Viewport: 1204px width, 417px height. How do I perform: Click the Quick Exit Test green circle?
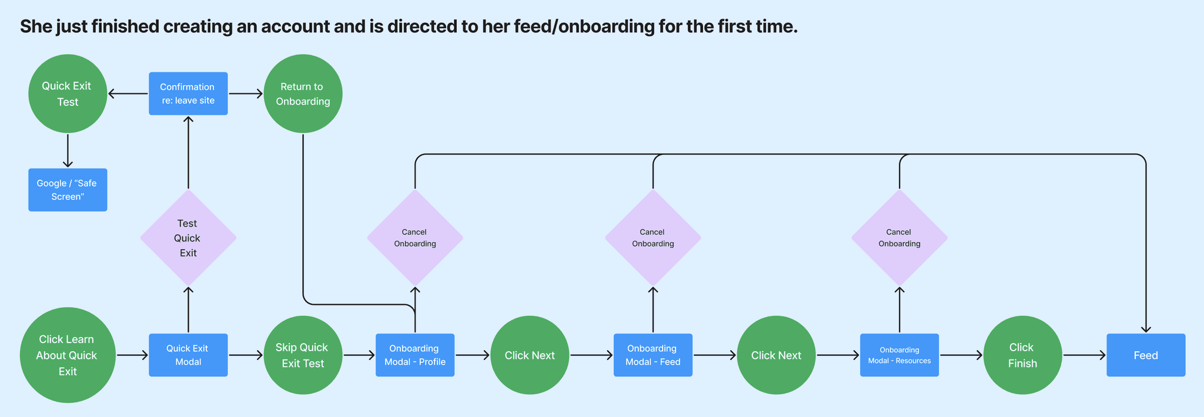[68, 94]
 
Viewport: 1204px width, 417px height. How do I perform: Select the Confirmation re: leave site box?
[188, 94]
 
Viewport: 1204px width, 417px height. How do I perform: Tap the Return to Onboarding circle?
[303, 94]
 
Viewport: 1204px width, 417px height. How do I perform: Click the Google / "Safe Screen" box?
[68, 190]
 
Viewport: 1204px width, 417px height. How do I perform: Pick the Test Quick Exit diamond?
[188, 238]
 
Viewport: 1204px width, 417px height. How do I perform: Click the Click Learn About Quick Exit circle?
[68, 355]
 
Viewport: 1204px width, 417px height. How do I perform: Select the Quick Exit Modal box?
[188, 355]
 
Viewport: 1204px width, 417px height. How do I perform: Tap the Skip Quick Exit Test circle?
[303, 355]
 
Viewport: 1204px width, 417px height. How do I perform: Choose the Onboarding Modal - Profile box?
[415, 355]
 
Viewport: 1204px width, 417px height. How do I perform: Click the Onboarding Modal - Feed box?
[653, 355]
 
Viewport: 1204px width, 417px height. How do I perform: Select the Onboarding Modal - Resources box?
[899, 355]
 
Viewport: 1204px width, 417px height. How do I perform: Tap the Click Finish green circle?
[1022, 355]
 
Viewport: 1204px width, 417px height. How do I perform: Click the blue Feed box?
[1145, 355]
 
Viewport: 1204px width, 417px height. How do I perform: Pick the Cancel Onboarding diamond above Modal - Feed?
[653, 238]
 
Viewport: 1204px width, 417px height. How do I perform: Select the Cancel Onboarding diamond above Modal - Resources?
[899, 238]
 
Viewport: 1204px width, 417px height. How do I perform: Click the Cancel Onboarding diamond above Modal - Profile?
[415, 238]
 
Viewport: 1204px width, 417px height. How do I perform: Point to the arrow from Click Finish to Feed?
[1084, 355]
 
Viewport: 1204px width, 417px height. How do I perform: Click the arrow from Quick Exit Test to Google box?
[68, 151]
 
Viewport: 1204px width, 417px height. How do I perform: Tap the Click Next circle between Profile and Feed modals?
[530, 355]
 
